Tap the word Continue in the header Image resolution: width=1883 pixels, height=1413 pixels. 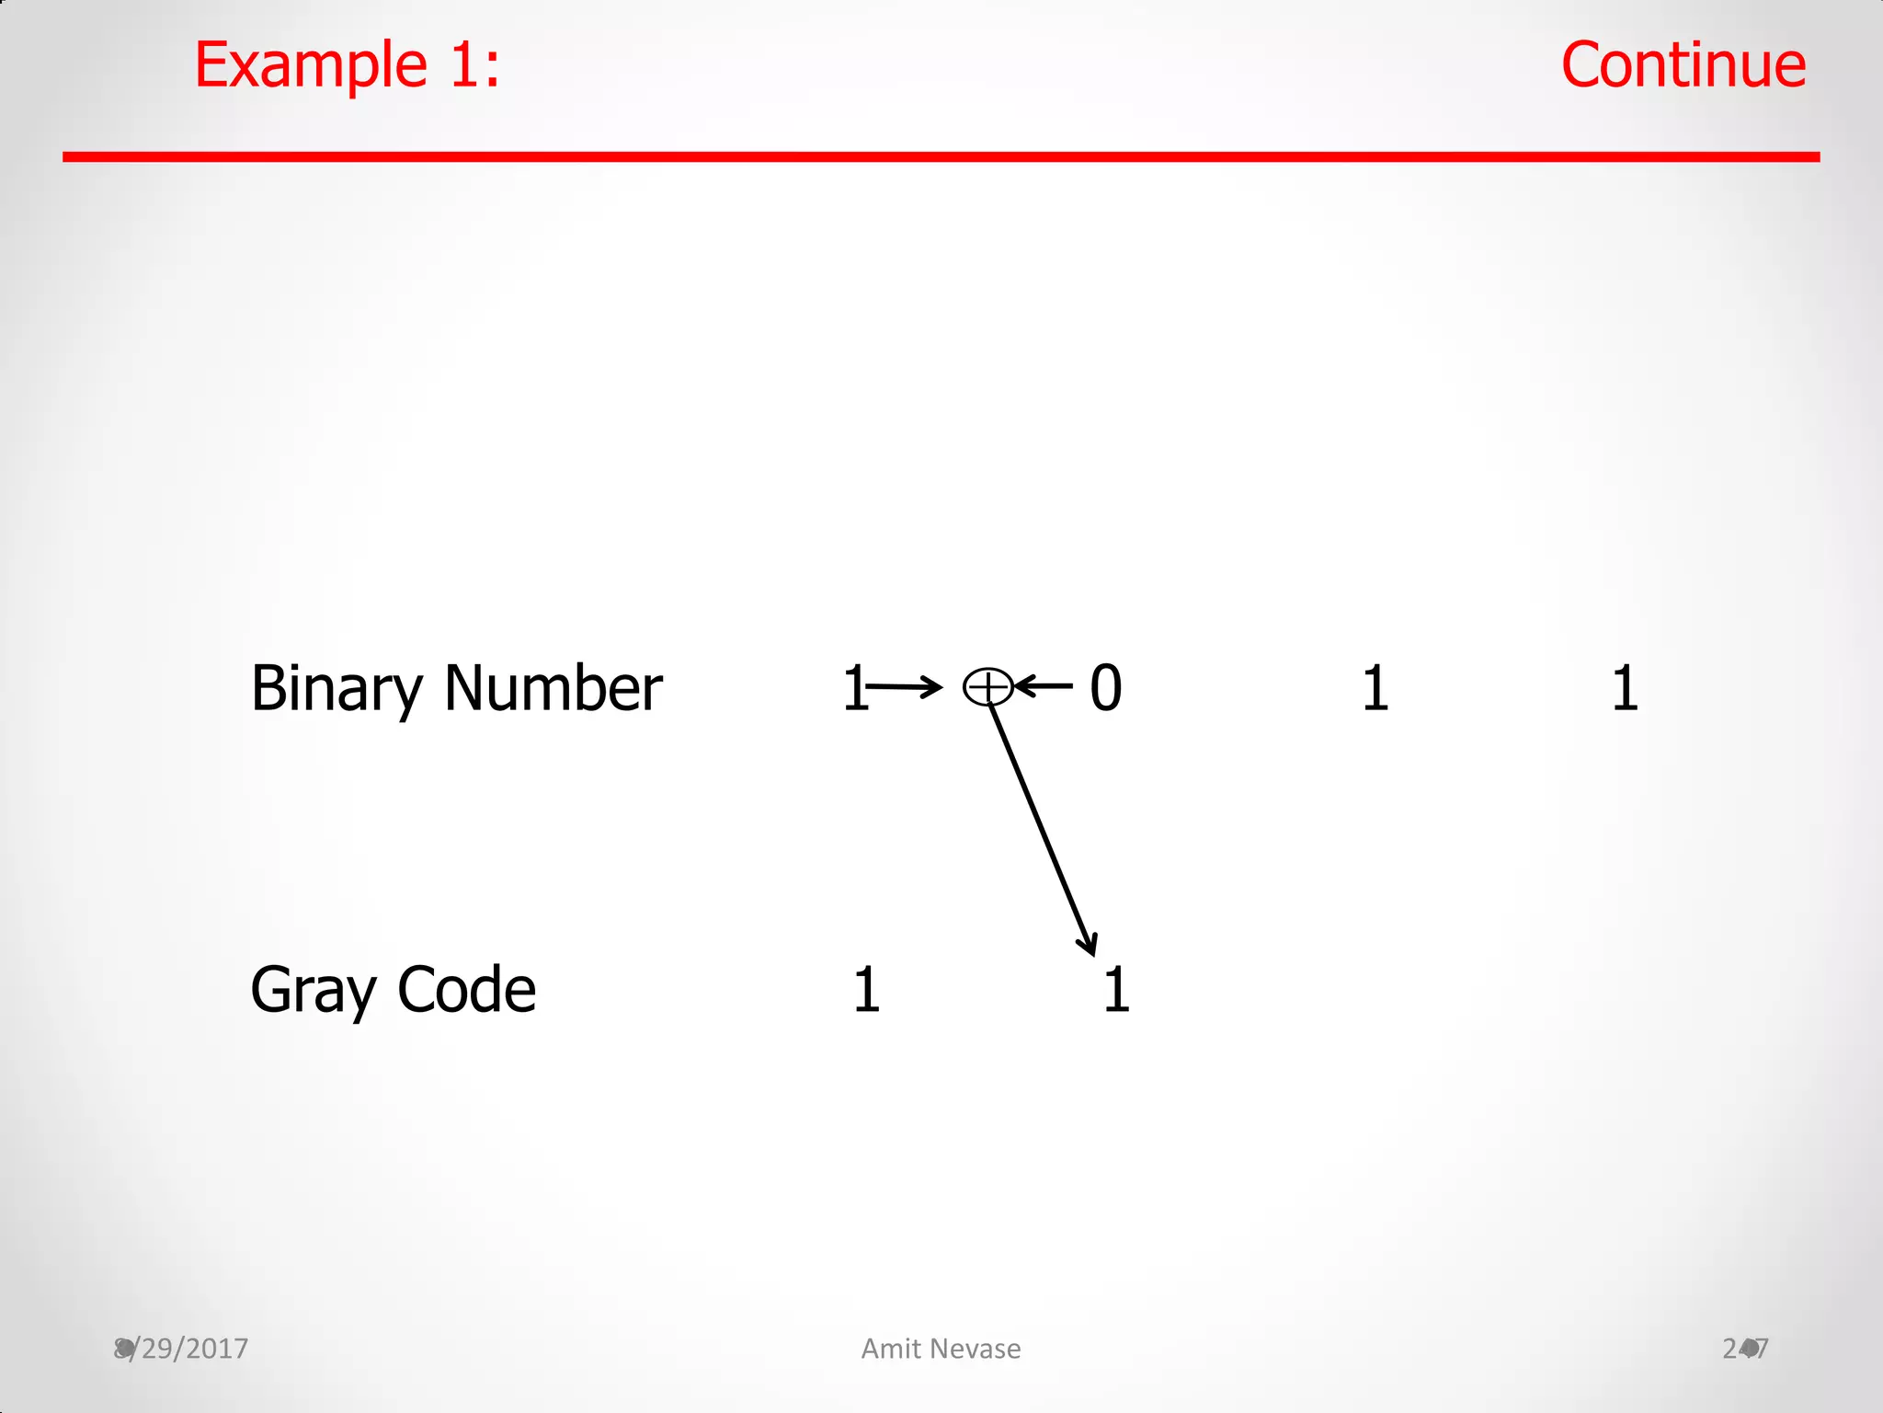coord(1683,66)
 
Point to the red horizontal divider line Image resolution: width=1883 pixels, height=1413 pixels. coord(941,157)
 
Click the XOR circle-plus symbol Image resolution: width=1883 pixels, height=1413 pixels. coord(987,687)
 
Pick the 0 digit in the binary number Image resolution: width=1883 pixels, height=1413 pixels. coord(1105,688)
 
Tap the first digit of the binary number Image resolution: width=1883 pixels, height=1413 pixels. coord(854,688)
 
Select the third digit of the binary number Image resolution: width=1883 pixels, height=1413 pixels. coord(1375,688)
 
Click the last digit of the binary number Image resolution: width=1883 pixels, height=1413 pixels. coord(1625,688)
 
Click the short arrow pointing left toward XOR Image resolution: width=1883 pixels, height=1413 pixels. coord(1044,686)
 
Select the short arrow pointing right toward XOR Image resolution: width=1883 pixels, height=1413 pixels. coord(906,686)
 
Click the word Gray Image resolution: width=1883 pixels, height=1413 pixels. coord(314,992)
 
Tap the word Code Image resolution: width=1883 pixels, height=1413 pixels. coord(466,990)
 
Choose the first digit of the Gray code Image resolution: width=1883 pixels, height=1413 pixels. coord(866,990)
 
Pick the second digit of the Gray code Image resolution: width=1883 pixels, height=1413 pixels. coord(1116,990)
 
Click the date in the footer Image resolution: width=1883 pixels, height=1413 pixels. coord(182,1349)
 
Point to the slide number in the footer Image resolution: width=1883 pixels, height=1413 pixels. coord(1745,1349)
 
